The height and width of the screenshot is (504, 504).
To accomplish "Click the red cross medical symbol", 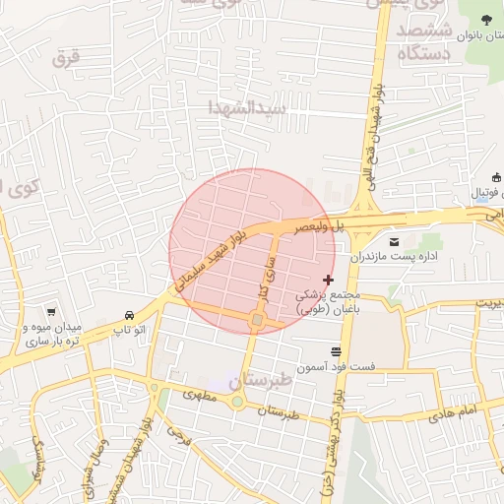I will point(328,281).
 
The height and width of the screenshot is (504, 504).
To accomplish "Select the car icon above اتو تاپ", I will point(130,316).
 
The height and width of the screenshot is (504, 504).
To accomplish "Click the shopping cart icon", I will point(50,310).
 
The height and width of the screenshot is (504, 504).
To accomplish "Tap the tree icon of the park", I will point(485,19).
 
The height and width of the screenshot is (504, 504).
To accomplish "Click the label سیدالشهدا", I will point(249,106).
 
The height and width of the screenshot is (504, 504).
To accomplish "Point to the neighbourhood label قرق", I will point(65,57).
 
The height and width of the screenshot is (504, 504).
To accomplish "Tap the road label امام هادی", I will point(453,411).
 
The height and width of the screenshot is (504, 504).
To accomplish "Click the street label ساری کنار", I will point(266,280).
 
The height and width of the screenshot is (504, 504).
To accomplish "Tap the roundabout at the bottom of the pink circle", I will point(257,320).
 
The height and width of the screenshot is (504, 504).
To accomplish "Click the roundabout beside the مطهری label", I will point(236,403).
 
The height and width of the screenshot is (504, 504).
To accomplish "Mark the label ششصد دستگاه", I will point(426,43).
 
